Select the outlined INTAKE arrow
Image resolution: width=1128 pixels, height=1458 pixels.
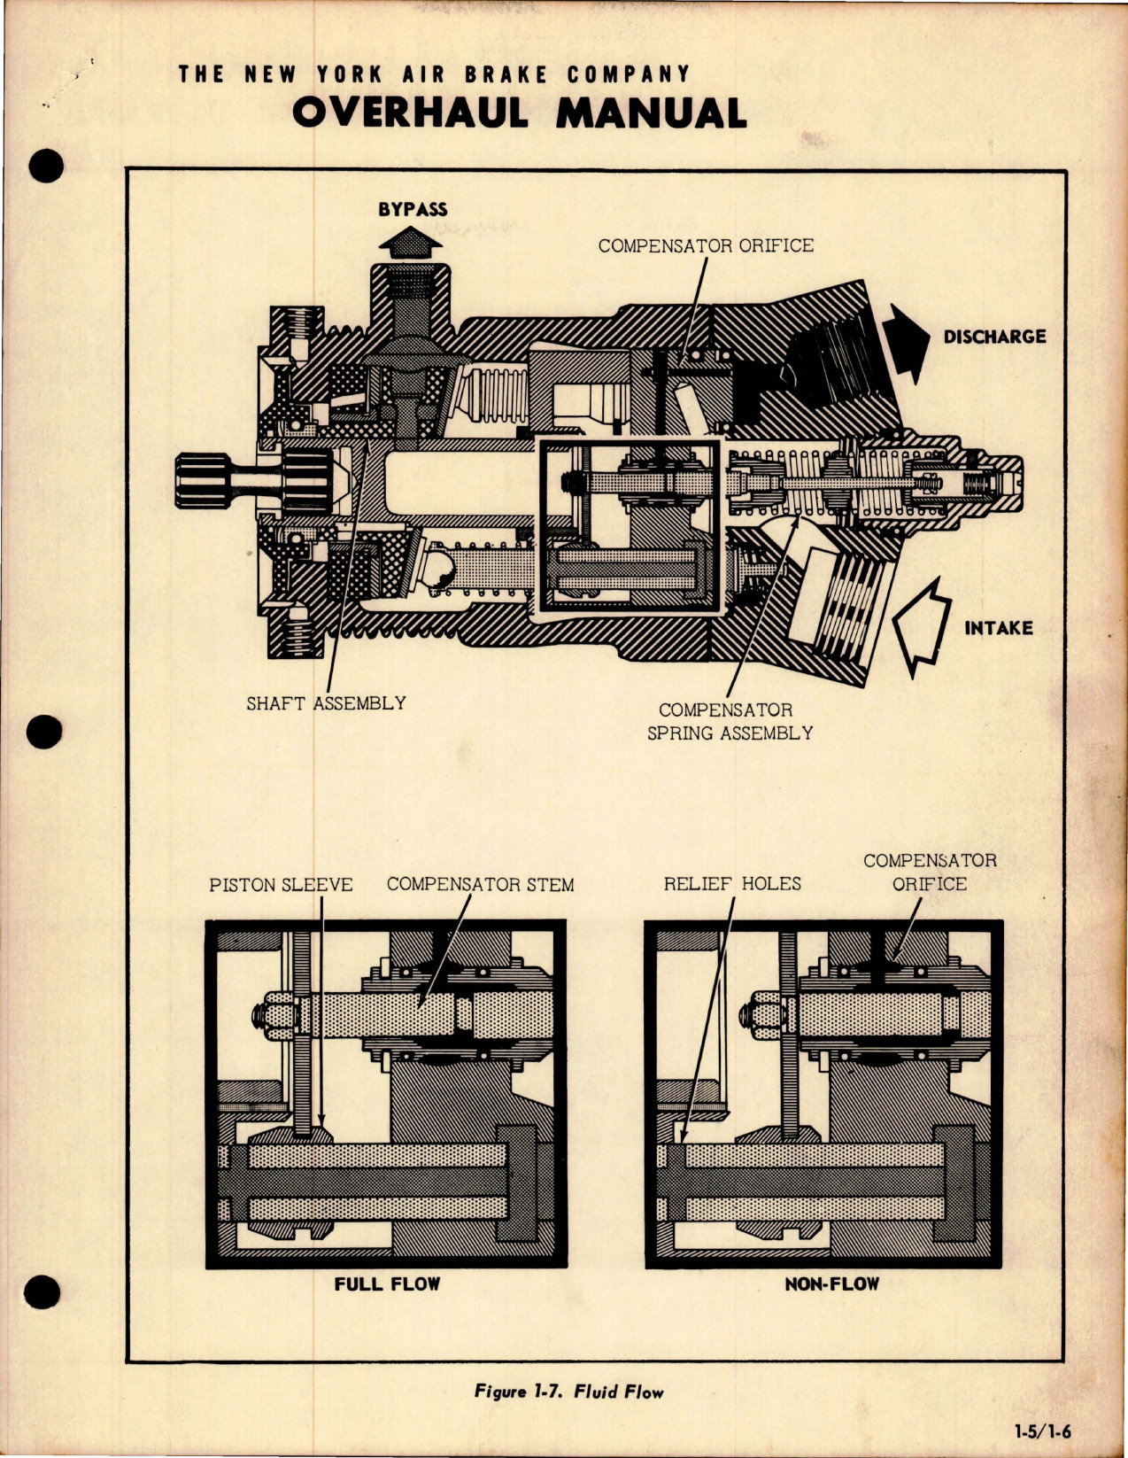tap(921, 625)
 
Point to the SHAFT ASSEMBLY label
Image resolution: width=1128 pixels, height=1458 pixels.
tap(326, 703)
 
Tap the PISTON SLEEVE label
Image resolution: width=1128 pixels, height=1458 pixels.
tap(281, 885)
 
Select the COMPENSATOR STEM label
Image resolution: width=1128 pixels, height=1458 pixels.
tap(480, 885)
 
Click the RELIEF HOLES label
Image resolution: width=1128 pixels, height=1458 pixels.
tap(731, 884)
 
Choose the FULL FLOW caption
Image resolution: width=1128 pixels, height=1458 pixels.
tap(386, 1284)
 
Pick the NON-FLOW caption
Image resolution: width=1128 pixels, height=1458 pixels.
tap(831, 1284)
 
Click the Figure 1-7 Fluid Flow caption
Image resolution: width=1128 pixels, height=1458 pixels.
tap(568, 1392)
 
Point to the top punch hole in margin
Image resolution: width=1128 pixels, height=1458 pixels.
tap(46, 166)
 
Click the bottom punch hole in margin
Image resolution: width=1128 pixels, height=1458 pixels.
tap(44, 1292)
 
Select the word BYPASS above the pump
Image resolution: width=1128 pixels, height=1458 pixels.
tap(412, 210)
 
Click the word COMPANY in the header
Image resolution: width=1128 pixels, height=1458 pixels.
tap(628, 74)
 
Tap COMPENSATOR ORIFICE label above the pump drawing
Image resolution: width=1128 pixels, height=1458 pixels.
tap(706, 246)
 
